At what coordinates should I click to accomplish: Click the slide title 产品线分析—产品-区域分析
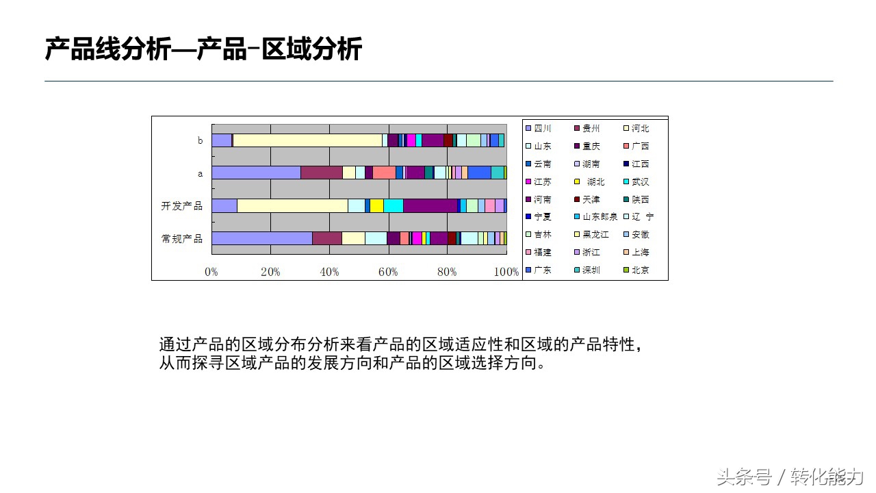tap(203, 50)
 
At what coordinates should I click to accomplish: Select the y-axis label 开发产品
tap(181, 205)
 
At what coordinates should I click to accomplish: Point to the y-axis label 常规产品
tap(181, 238)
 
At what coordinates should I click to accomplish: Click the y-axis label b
tap(200, 140)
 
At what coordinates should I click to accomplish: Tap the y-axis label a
tap(200, 173)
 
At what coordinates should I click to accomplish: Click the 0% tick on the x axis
tap(211, 272)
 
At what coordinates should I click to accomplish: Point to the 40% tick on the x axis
tap(329, 272)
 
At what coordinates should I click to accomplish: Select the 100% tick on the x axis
tap(506, 272)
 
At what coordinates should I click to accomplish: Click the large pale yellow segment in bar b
tap(307, 140)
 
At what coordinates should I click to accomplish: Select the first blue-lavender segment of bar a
tap(256, 173)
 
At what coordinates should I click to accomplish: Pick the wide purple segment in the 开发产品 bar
tap(430, 205)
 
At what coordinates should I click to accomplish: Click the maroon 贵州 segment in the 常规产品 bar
tap(326, 238)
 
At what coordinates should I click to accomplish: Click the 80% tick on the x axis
tap(447, 272)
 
